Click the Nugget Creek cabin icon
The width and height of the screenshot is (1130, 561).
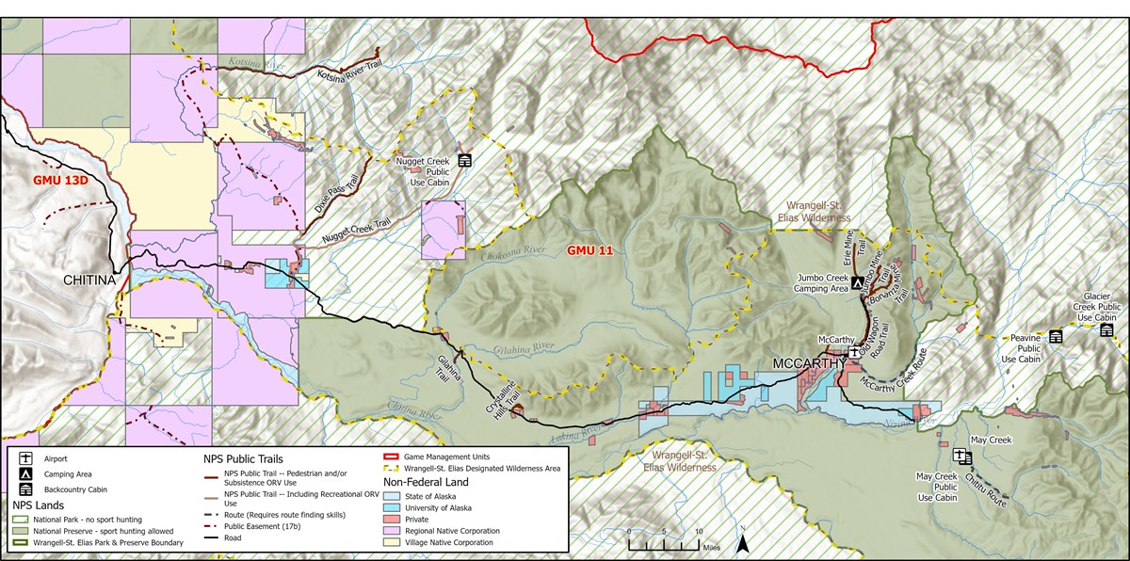tap(464, 161)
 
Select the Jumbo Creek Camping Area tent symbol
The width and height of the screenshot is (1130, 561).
tap(857, 281)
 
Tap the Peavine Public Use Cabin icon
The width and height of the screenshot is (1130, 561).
tap(1056, 337)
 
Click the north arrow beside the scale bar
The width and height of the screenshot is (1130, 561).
tap(742, 541)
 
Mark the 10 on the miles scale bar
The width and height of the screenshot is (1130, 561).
tap(698, 532)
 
